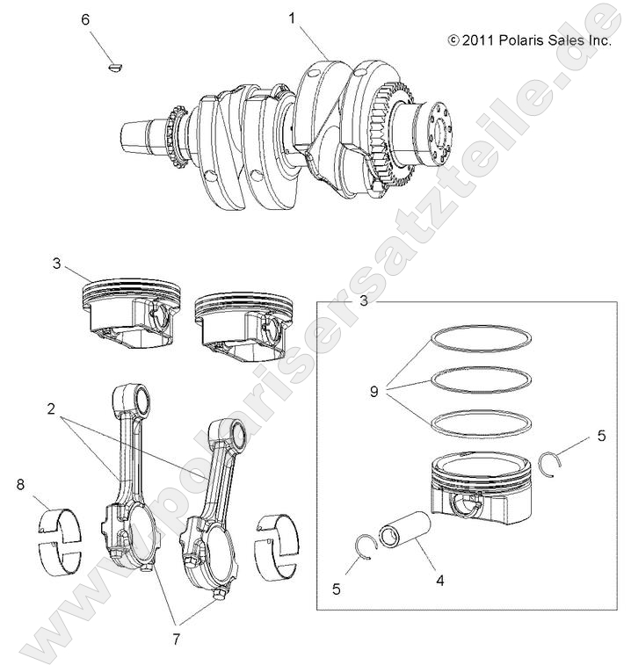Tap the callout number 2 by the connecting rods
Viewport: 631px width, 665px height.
(x=53, y=409)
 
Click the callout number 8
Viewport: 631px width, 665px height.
(x=19, y=483)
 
